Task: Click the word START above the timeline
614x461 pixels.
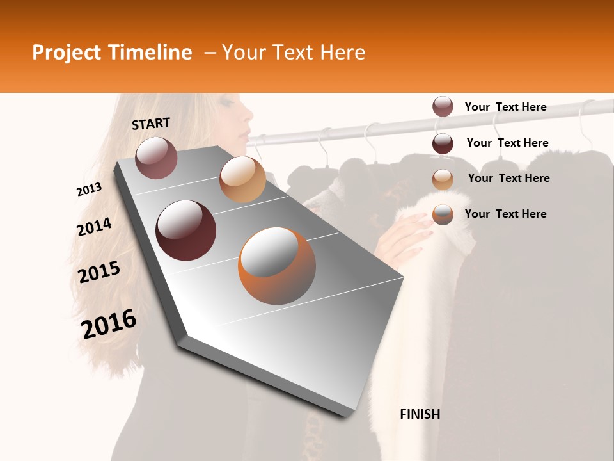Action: tap(151, 124)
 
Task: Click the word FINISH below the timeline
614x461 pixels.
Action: tap(420, 414)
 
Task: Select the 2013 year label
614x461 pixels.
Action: tap(89, 189)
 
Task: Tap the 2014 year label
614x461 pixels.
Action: tap(94, 227)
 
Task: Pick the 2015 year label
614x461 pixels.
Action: tap(99, 272)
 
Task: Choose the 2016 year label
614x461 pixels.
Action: tap(109, 324)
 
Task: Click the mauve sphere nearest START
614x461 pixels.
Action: tap(156, 158)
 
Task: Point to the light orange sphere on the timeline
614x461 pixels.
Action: tap(242, 179)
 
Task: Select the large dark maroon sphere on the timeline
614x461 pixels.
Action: tap(186, 230)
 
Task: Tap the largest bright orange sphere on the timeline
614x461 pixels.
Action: tap(277, 266)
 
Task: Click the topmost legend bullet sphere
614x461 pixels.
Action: tap(443, 107)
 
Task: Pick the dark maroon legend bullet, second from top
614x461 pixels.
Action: tap(443, 143)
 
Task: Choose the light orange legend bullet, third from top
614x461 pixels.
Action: tap(443, 179)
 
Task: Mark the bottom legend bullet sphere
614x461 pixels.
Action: tap(443, 214)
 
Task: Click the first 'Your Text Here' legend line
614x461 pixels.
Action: tap(505, 107)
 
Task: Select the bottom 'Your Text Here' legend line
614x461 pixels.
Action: tap(505, 214)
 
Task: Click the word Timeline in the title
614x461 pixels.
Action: tap(150, 53)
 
